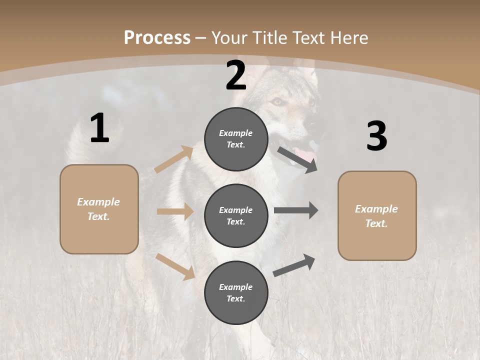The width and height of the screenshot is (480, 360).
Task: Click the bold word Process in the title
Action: click(157, 37)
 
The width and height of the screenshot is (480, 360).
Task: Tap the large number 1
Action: click(99, 128)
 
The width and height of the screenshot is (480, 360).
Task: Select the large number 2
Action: click(236, 75)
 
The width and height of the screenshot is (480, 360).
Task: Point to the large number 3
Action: click(376, 136)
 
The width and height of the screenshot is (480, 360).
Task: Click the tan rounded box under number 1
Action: click(99, 209)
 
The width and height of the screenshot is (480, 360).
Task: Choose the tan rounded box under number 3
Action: click(377, 215)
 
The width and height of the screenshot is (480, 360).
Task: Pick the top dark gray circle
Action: click(236, 138)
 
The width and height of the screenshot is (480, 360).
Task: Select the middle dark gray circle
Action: click(236, 215)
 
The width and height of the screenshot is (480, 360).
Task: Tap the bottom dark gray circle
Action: click(236, 292)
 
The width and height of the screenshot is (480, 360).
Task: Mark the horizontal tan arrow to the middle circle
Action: click(175, 211)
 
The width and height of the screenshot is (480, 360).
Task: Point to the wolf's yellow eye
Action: click(276, 101)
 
